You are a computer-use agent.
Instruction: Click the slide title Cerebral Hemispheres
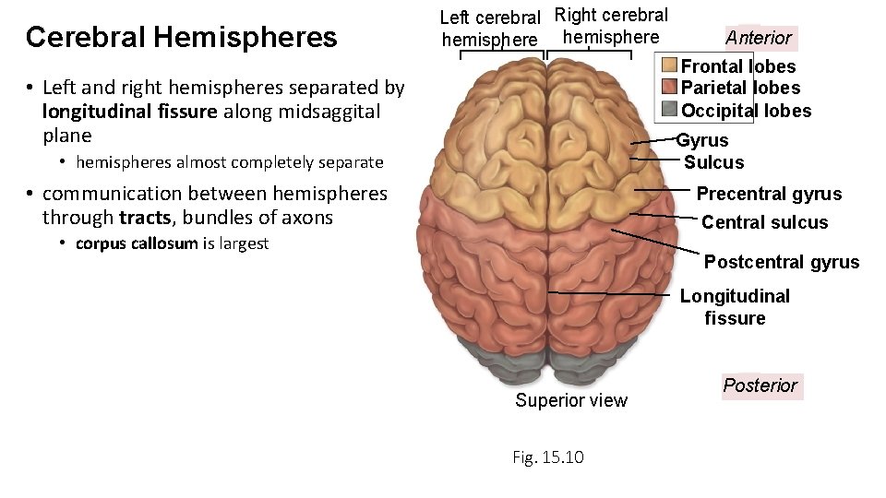(x=182, y=37)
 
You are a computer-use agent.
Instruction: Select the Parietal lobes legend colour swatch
(x=669, y=89)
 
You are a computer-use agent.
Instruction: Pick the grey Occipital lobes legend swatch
(x=669, y=111)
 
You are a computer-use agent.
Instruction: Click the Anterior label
(x=759, y=38)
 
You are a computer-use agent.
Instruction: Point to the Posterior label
(x=760, y=385)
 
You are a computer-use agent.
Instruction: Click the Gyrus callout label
(x=702, y=141)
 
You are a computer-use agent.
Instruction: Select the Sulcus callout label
(x=713, y=163)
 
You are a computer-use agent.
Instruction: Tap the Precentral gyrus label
(x=769, y=194)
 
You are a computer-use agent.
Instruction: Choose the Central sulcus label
(x=765, y=222)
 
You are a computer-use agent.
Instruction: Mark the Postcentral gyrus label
(x=782, y=262)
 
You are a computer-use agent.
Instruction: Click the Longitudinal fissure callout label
(x=735, y=307)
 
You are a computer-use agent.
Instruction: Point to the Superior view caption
(x=571, y=400)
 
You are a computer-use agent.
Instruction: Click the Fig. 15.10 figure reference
(x=548, y=457)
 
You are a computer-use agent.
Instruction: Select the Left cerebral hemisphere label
(x=489, y=29)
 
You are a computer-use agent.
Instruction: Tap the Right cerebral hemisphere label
(x=611, y=26)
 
